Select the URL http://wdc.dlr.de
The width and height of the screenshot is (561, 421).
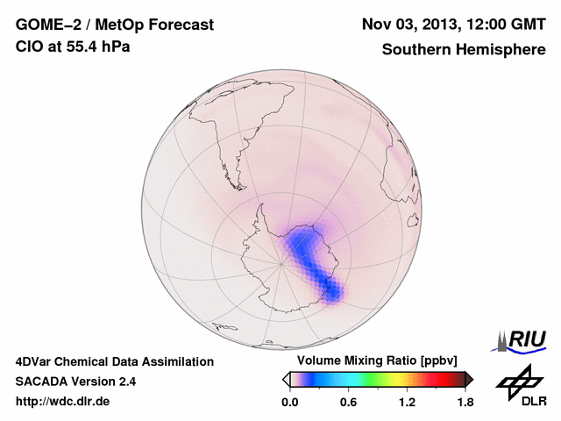point(63,402)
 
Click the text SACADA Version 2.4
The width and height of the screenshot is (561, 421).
point(75,382)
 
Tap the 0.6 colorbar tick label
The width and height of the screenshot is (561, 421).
point(348,402)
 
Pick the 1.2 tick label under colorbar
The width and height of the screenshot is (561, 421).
point(407,402)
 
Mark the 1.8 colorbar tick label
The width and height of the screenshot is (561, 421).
point(465,402)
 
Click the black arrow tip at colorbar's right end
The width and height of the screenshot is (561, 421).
point(469,379)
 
